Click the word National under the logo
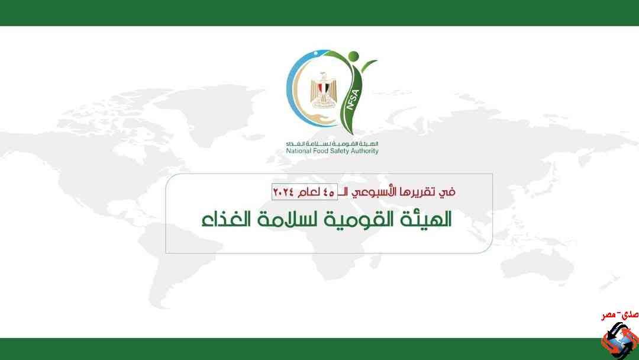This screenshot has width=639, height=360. pyautogui.click(x=298, y=151)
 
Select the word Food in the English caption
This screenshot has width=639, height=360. pyautogui.click(x=319, y=151)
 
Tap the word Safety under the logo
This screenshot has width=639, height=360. pyautogui.click(x=337, y=151)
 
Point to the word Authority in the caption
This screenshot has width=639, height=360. pyautogui.click(x=363, y=151)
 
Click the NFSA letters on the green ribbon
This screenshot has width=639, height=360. pyautogui.click(x=351, y=99)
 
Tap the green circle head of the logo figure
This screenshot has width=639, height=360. pyautogui.click(x=353, y=56)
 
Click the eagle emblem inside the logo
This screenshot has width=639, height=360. pyautogui.click(x=321, y=91)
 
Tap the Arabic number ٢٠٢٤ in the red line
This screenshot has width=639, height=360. pyautogui.click(x=283, y=192)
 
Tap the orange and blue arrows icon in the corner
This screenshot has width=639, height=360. pyautogui.click(x=619, y=340)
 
